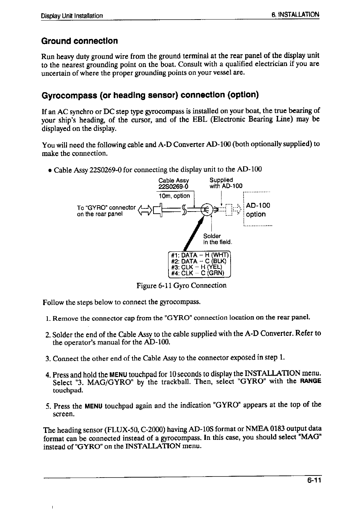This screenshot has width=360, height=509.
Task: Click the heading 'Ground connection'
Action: pyautogui.click(x=80, y=41)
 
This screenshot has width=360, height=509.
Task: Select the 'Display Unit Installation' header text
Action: pyautogui.click(x=72, y=16)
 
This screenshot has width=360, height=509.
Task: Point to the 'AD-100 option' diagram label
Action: pyautogui.click(x=258, y=210)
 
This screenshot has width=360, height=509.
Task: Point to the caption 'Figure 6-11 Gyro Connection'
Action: pyautogui.click(x=181, y=286)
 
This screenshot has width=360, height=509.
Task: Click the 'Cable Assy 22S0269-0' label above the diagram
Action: pyautogui.click(x=174, y=183)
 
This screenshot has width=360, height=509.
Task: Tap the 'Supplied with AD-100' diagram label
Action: pyautogui.click(x=226, y=183)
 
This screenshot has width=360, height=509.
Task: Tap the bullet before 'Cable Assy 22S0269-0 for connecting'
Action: pyautogui.click(x=51, y=170)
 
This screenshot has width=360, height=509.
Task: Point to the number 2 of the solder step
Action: pyautogui.click(x=48, y=334)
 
